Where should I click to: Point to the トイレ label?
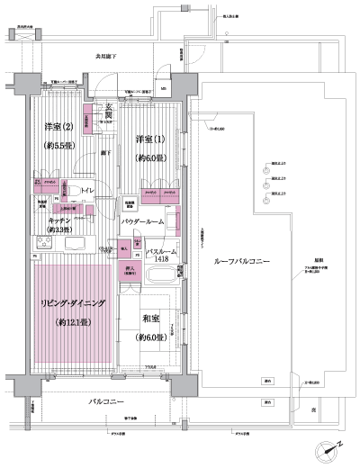tap(88, 191)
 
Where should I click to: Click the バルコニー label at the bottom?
tap(107, 401)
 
